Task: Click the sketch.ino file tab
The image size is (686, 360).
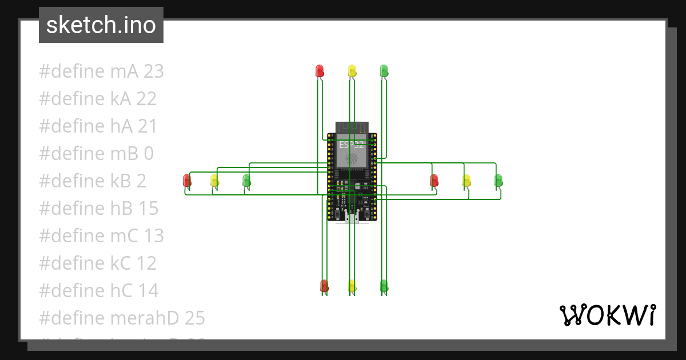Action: tap(101, 25)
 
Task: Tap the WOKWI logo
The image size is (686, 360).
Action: tap(607, 315)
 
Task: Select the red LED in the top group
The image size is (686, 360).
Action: tap(320, 71)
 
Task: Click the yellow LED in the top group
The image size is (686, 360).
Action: tap(352, 71)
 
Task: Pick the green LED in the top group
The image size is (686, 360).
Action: tap(384, 71)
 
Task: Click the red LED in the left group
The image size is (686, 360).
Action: tap(186, 181)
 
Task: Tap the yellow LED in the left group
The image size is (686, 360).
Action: tap(214, 181)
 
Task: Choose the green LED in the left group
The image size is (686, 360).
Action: tap(246, 181)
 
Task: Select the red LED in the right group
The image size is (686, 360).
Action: tap(434, 181)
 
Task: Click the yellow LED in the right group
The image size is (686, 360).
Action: tap(466, 181)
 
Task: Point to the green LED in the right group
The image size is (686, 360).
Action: tap(498, 181)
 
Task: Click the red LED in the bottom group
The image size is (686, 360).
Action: tap(324, 286)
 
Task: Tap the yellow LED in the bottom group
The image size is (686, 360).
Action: tap(352, 286)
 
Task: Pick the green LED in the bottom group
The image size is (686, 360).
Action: tap(384, 286)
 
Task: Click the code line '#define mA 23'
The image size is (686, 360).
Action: tap(101, 71)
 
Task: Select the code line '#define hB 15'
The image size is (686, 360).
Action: tap(98, 209)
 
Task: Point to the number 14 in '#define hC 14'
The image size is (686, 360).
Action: tap(148, 291)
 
